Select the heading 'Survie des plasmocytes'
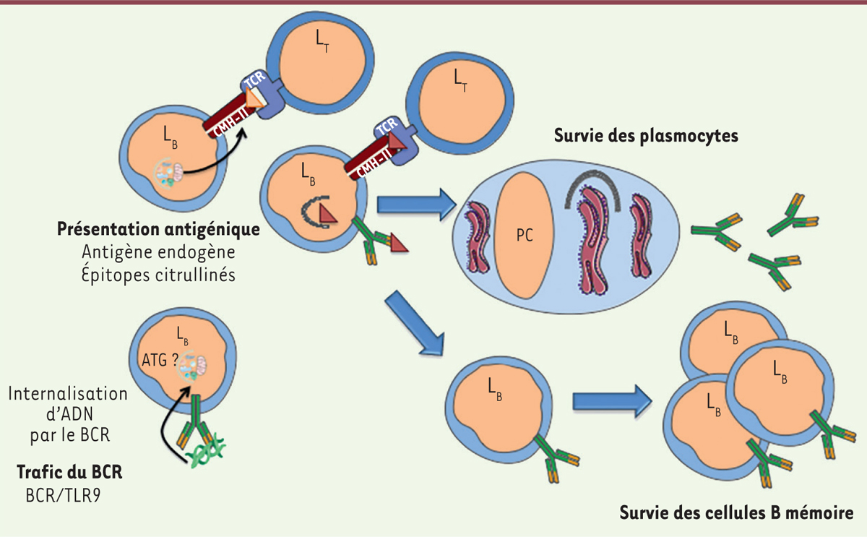(x=645, y=136)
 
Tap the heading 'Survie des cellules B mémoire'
(x=738, y=514)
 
